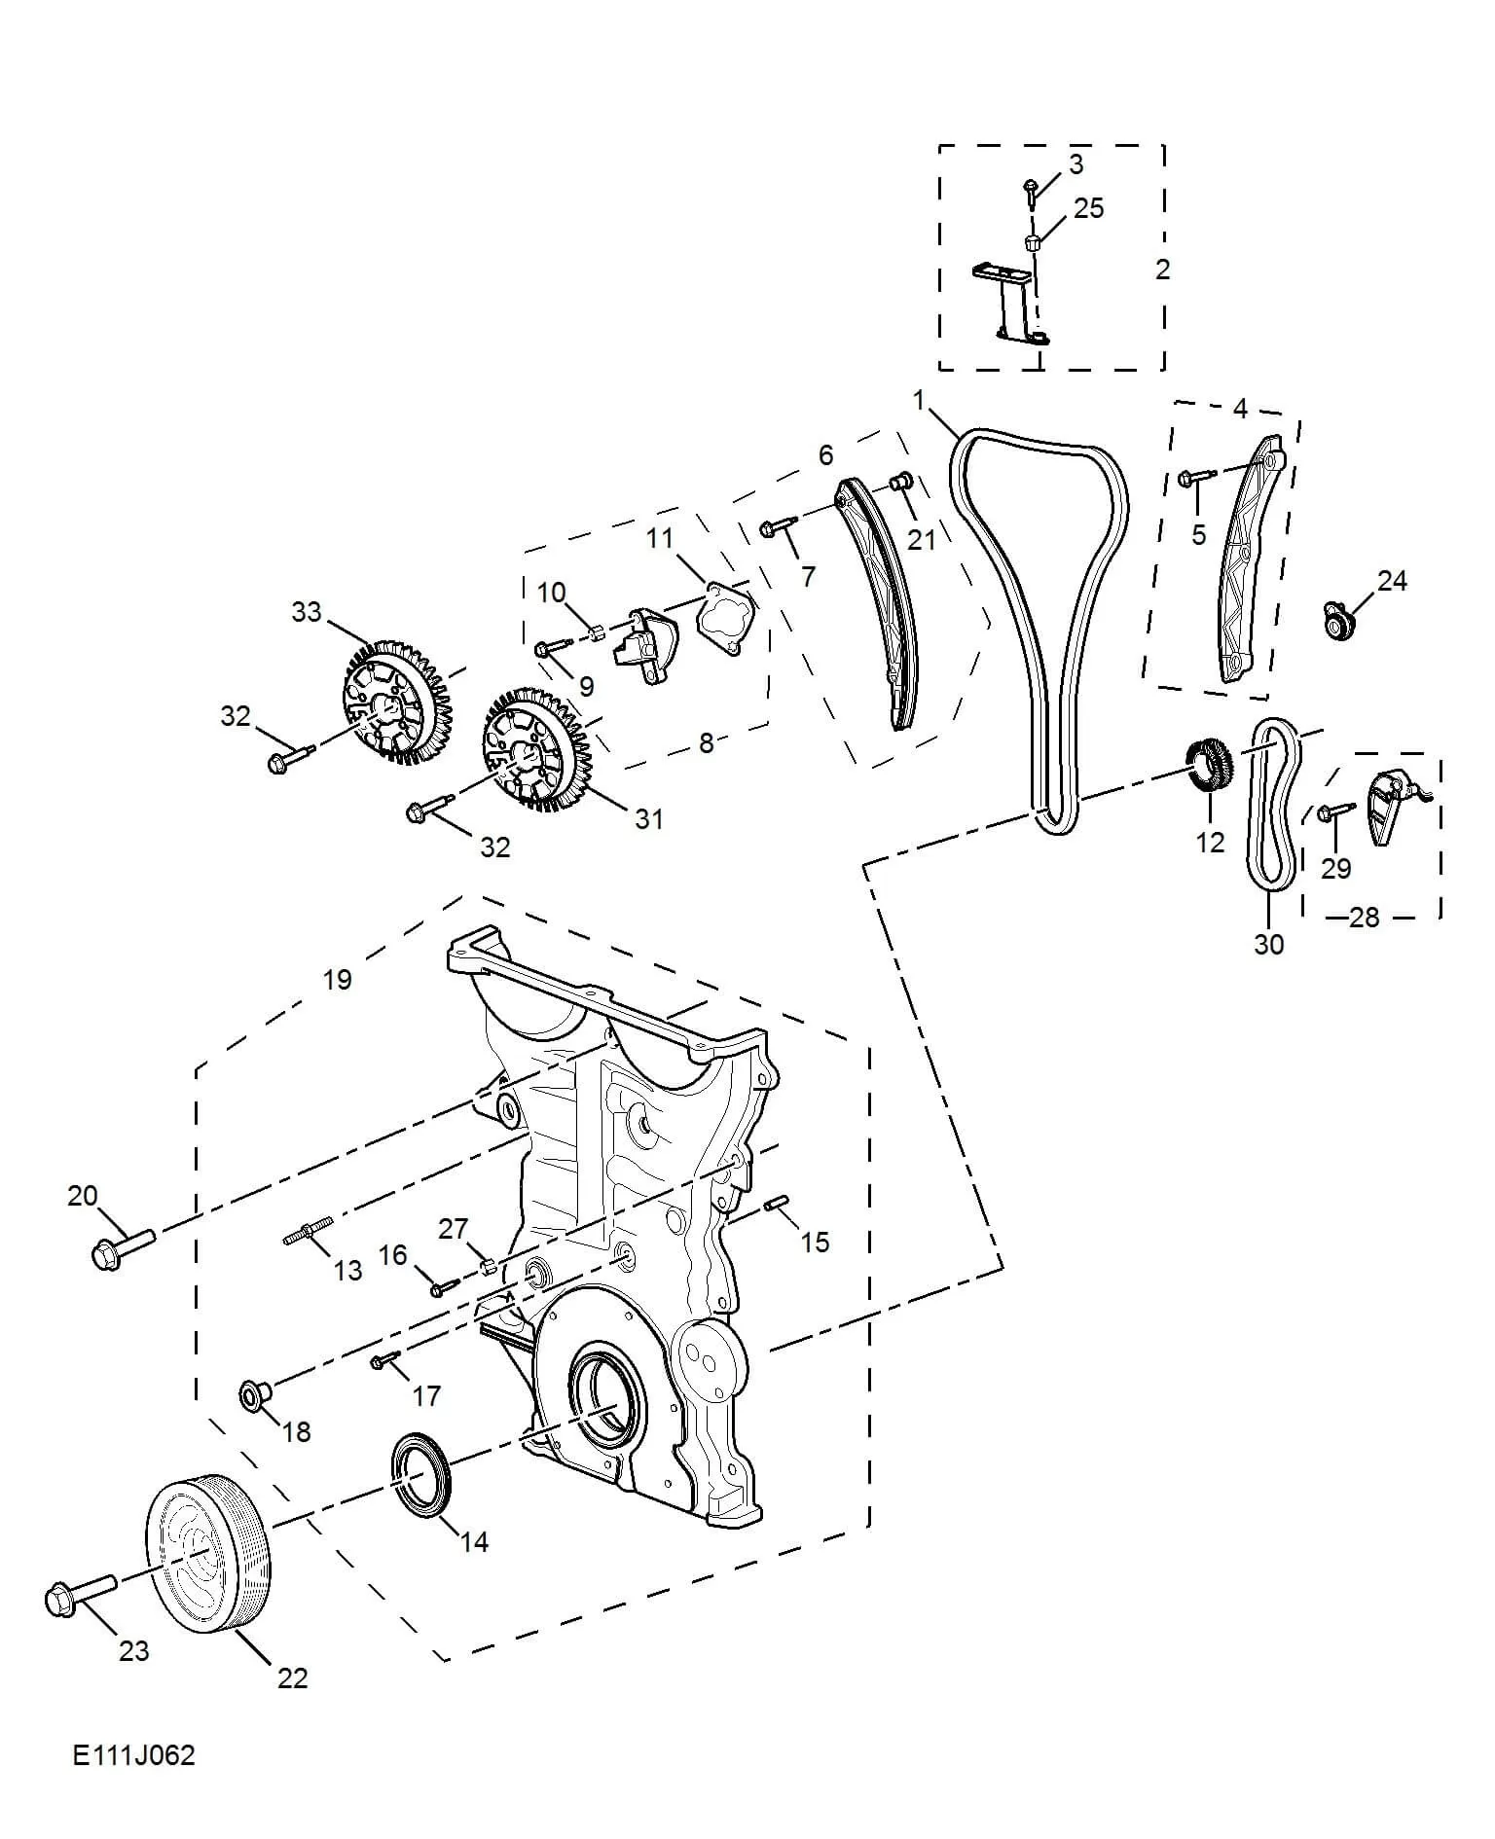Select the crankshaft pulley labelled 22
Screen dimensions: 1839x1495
click(209, 1568)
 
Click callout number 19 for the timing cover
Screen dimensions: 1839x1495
click(337, 979)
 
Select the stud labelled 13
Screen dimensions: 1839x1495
click(308, 1229)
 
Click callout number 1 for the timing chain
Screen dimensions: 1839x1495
click(918, 399)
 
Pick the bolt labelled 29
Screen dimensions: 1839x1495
click(1335, 811)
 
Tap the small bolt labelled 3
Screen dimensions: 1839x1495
click(1032, 189)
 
